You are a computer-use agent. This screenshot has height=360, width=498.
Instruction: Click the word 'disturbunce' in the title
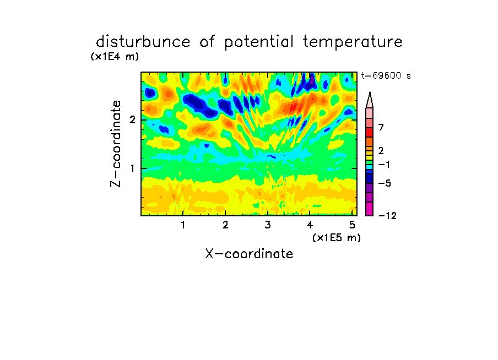pos(143,42)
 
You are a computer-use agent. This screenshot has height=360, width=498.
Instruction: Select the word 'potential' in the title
pos(259,42)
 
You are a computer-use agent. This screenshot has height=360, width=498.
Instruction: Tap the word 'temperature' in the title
pos(353,42)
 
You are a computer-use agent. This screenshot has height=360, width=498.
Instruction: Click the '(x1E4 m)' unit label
pos(115,57)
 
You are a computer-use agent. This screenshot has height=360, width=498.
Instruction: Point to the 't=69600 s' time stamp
pos(386,75)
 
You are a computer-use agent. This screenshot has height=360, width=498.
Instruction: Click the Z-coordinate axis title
pos(116,144)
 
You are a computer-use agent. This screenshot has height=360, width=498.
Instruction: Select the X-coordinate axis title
pos(249,254)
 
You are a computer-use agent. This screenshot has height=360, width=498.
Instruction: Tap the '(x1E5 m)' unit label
pos(337,238)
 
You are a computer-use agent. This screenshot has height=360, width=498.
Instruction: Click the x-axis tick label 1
pos(183,225)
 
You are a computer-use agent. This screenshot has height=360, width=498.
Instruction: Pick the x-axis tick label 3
pos(268,225)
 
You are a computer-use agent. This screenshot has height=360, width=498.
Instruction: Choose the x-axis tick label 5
pos(352,225)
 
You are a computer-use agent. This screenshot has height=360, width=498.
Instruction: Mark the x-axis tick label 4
pos(310,225)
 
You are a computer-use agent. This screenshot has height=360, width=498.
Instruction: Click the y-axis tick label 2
pos(132,119)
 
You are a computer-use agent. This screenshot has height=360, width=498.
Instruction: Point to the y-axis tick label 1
pos(132,168)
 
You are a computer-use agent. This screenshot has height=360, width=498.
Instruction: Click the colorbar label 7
pos(381,127)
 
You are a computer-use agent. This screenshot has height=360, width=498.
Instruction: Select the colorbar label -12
pos(387,216)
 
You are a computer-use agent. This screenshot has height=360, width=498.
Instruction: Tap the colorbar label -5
pos(385,183)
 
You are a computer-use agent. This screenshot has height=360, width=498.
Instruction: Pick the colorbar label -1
pos(384,165)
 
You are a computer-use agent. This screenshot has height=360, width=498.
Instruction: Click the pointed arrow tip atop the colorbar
pos(370,92)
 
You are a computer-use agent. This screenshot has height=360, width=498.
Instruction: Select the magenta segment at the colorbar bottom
pos(370,209)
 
